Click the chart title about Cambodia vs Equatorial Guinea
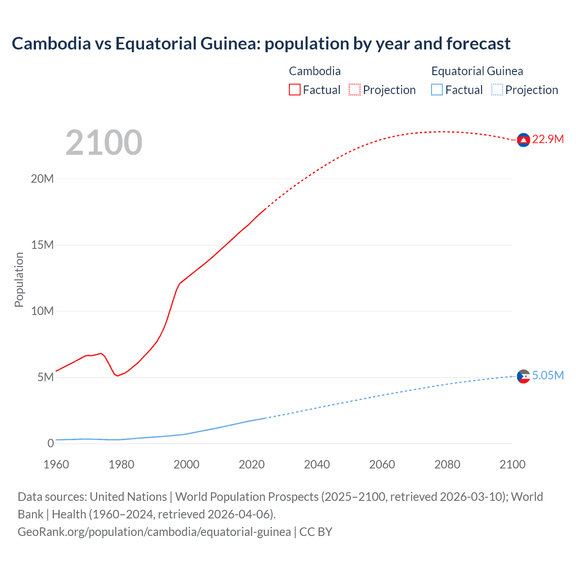261,44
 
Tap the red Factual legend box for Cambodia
294,90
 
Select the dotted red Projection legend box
355,90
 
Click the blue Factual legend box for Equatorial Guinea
437,90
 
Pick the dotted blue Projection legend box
497,90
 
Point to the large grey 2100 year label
104,143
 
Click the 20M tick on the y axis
42,179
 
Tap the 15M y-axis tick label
42,245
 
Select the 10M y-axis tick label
42,311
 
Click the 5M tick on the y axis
45,377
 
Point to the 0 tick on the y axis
50,443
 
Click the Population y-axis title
19,279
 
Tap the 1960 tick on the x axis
56,464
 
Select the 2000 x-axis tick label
186,464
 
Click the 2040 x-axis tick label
317,464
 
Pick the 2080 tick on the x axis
447,464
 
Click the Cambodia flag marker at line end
523,140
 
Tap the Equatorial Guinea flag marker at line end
523,376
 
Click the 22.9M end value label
548,139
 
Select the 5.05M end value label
548,376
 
